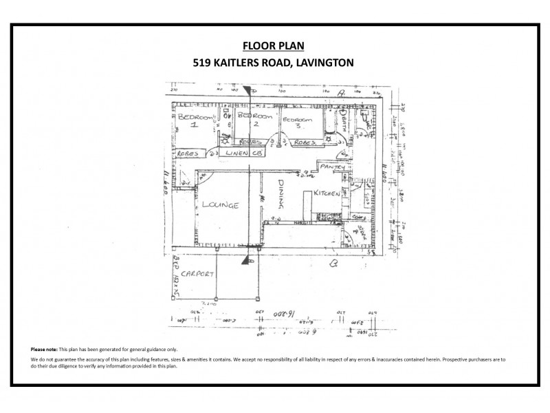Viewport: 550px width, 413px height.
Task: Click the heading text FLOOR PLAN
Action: pyautogui.click(x=274, y=46)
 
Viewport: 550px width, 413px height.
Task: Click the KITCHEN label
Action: pyautogui.click(x=327, y=195)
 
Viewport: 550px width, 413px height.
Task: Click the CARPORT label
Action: pyautogui.click(x=196, y=274)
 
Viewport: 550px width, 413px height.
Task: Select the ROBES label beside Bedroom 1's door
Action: pyautogui.click(x=188, y=153)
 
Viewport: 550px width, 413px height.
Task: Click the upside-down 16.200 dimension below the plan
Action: pyautogui.click(x=277, y=315)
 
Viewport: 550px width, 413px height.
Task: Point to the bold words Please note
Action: pyautogui.click(x=43, y=350)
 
